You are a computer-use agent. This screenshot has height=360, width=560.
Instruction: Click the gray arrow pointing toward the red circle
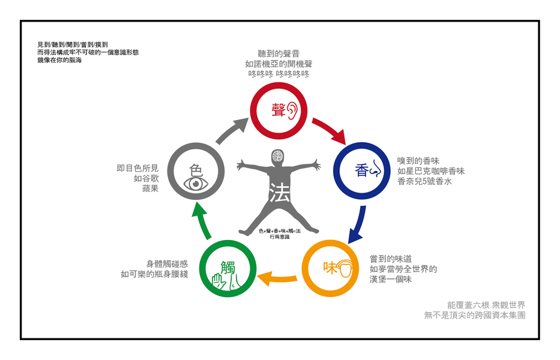(x=233, y=130)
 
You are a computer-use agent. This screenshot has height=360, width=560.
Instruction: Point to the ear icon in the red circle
(x=292, y=110)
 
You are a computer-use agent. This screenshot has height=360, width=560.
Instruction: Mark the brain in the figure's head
(x=278, y=157)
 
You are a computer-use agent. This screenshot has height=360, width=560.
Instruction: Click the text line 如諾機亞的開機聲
(x=278, y=64)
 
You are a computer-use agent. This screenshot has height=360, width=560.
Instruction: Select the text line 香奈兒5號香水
(x=423, y=182)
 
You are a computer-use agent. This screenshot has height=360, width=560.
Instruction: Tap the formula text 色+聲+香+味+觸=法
(x=279, y=231)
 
